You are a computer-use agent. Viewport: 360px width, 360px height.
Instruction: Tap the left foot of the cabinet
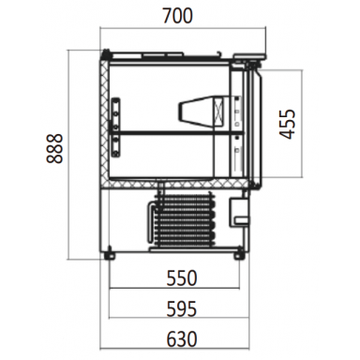click(x=111, y=253)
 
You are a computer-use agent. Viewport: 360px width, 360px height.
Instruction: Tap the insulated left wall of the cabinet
click(x=103, y=122)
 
